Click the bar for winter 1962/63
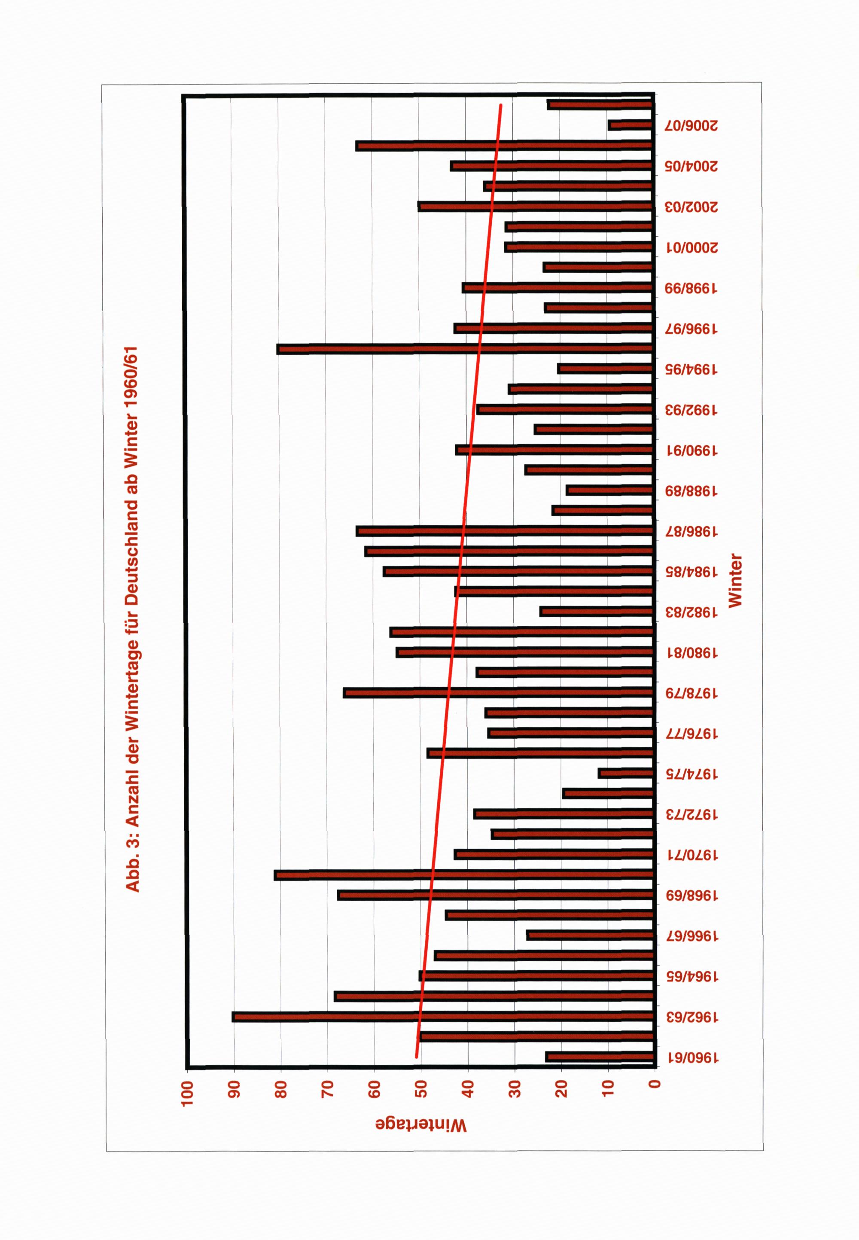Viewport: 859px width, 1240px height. (442, 1017)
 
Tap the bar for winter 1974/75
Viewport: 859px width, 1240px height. (626, 774)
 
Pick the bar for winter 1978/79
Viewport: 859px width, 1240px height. (498, 693)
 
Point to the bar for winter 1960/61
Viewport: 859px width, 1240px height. (600, 1057)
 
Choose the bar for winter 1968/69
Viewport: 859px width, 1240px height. (495, 895)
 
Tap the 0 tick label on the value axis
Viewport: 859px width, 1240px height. (655, 1085)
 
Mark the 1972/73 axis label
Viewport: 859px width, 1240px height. (691, 814)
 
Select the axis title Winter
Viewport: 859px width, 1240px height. (735, 581)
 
